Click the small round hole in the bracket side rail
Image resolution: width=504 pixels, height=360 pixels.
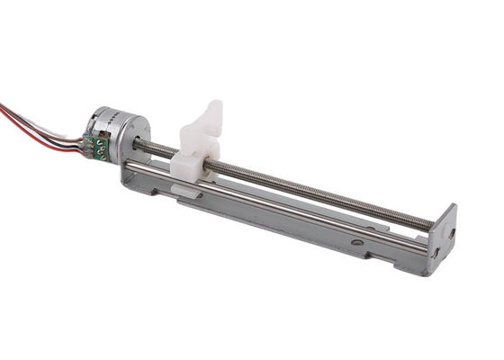pyautogui.click(x=357, y=241)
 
